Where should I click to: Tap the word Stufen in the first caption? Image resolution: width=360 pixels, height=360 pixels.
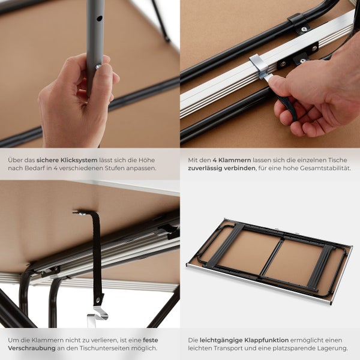[x=115, y=168]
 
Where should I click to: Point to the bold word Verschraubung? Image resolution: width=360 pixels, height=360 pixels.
[x=32, y=348]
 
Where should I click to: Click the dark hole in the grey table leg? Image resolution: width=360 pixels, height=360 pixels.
[x=99, y=19]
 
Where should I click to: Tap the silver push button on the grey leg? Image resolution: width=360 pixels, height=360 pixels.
[x=98, y=67]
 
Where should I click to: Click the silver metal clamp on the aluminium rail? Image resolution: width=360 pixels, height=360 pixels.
[x=259, y=67]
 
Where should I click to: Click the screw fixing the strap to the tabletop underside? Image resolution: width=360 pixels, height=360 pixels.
[x=81, y=214]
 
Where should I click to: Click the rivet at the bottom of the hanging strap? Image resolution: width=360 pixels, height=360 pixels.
[x=98, y=299]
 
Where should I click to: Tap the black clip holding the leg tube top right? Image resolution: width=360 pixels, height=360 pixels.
[x=298, y=20]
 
